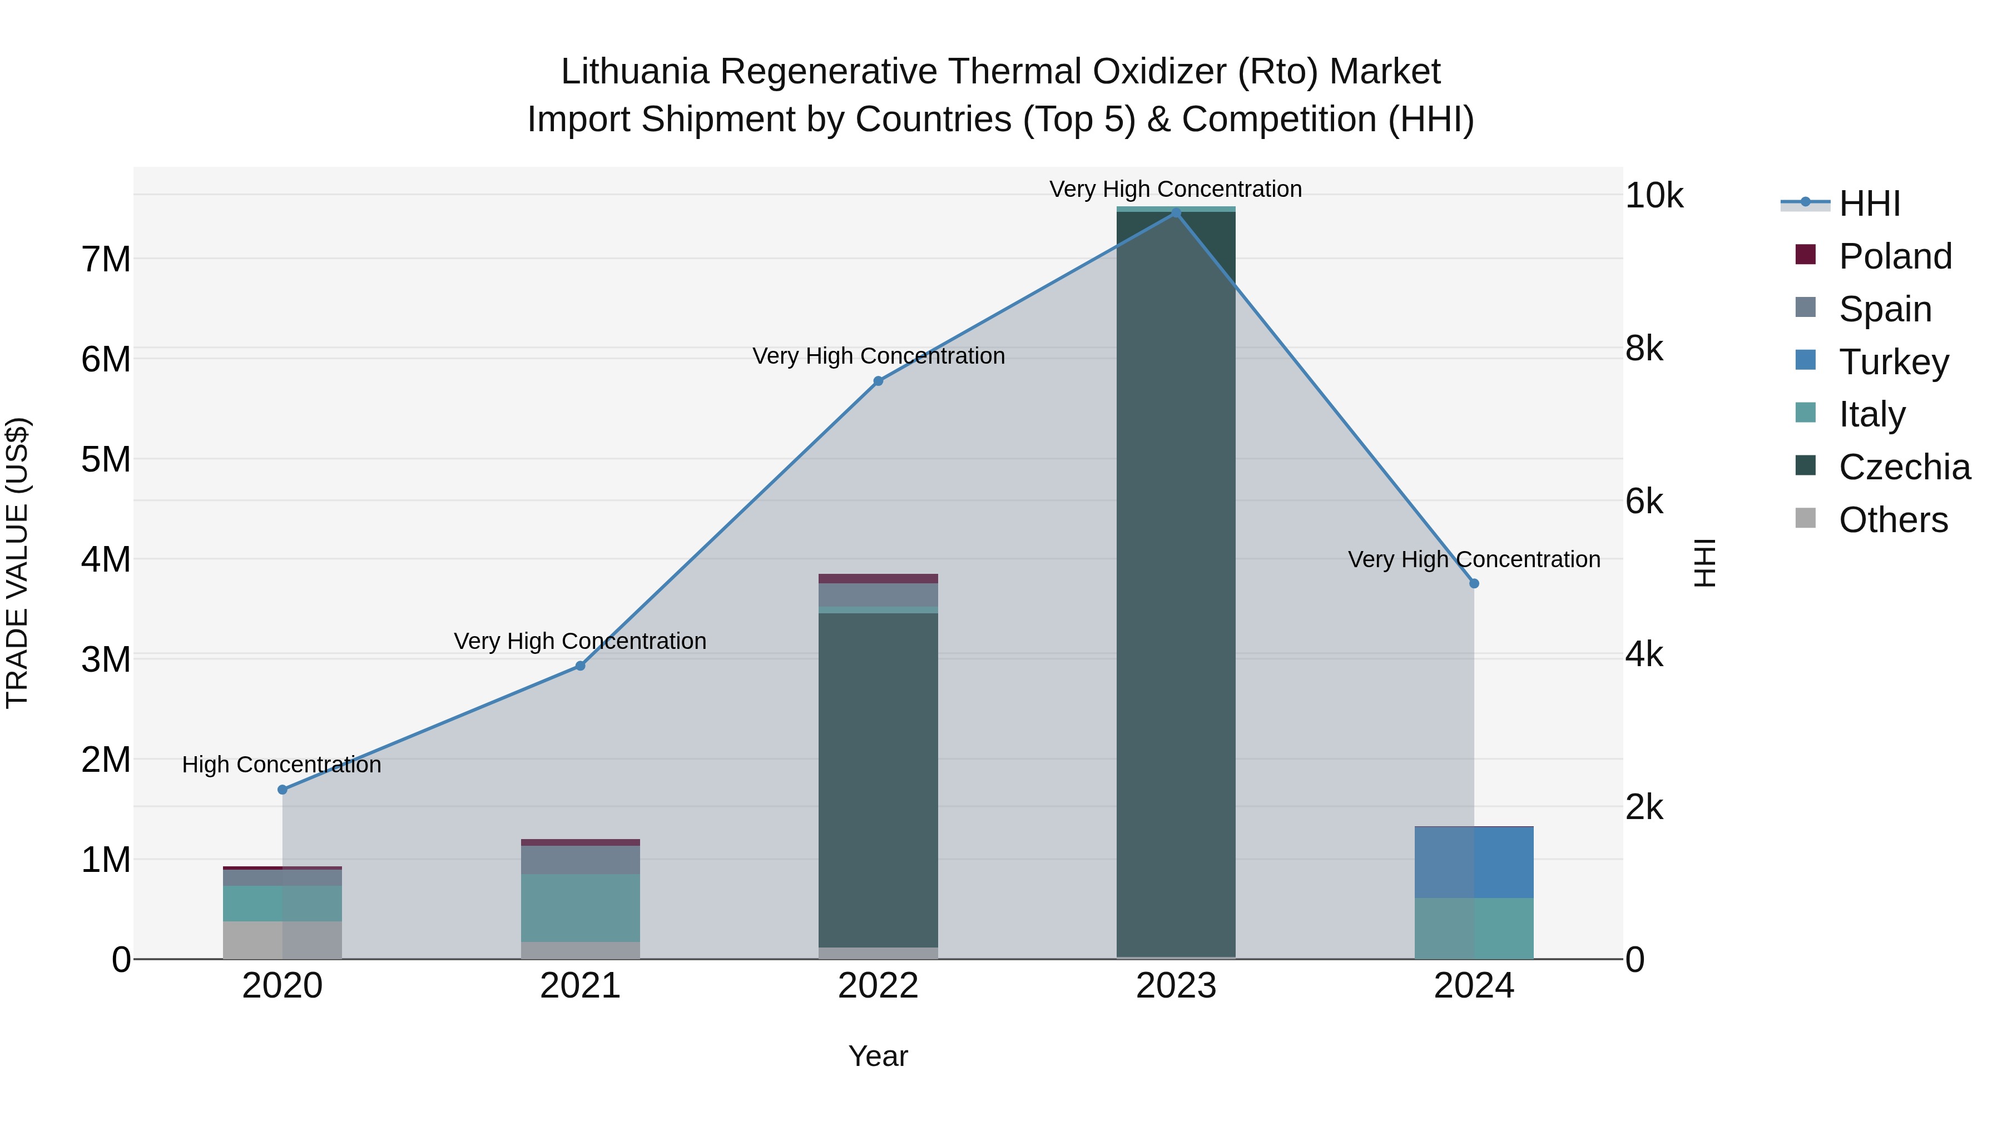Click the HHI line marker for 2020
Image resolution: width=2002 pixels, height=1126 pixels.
tap(282, 790)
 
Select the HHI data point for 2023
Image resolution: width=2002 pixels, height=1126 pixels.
tap(1176, 213)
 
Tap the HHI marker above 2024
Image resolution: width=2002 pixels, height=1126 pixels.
tap(1474, 584)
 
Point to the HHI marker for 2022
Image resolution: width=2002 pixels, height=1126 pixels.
tap(878, 381)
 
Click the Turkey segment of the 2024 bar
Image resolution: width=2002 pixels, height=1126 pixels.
tap(1474, 862)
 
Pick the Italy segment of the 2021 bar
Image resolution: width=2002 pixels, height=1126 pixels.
tap(580, 907)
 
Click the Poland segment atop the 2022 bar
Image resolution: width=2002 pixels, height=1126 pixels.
tap(878, 578)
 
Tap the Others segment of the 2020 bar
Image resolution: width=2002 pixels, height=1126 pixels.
tap(282, 940)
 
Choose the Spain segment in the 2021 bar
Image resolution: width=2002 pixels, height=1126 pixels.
tap(580, 860)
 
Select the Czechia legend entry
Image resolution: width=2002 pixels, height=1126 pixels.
tap(1904, 467)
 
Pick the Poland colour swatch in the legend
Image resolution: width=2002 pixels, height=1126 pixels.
tap(1805, 255)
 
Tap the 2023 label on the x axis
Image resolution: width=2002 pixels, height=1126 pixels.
tap(1176, 986)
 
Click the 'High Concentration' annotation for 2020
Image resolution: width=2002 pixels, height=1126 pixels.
tap(281, 765)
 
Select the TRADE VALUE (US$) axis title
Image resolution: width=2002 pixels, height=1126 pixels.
tap(18, 563)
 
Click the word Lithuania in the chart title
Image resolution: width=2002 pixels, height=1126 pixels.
tap(634, 72)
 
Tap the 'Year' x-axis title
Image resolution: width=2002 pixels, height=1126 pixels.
tap(878, 1056)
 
